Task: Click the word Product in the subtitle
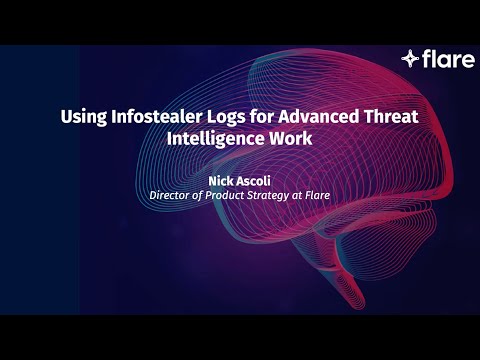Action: (223, 196)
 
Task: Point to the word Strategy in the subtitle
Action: (271, 196)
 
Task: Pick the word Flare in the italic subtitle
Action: (317, 196)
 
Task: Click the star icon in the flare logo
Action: (410, 59)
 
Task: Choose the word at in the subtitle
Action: (299, 196)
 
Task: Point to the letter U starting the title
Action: (67, 116)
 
